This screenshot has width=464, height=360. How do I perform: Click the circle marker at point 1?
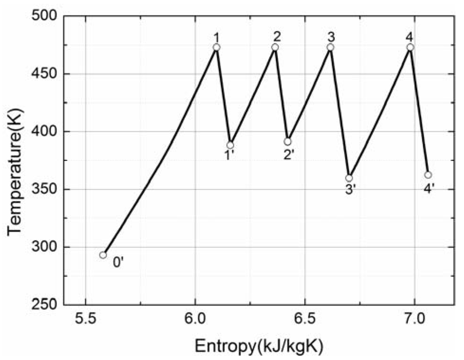point(217,47)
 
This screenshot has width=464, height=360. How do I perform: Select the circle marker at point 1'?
point(230,145)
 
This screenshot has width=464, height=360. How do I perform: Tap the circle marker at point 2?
point(275,47)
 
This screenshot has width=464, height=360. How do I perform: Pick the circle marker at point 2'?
point(287,142)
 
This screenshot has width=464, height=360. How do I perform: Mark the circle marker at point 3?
point(330,47)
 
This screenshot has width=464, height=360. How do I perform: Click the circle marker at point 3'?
point(349,178)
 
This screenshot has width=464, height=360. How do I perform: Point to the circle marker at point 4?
point(410,47)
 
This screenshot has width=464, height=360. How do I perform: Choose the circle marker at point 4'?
point(428,175)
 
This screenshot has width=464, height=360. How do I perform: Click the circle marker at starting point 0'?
point(103,255)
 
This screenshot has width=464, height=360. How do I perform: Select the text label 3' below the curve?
point(350,190)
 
